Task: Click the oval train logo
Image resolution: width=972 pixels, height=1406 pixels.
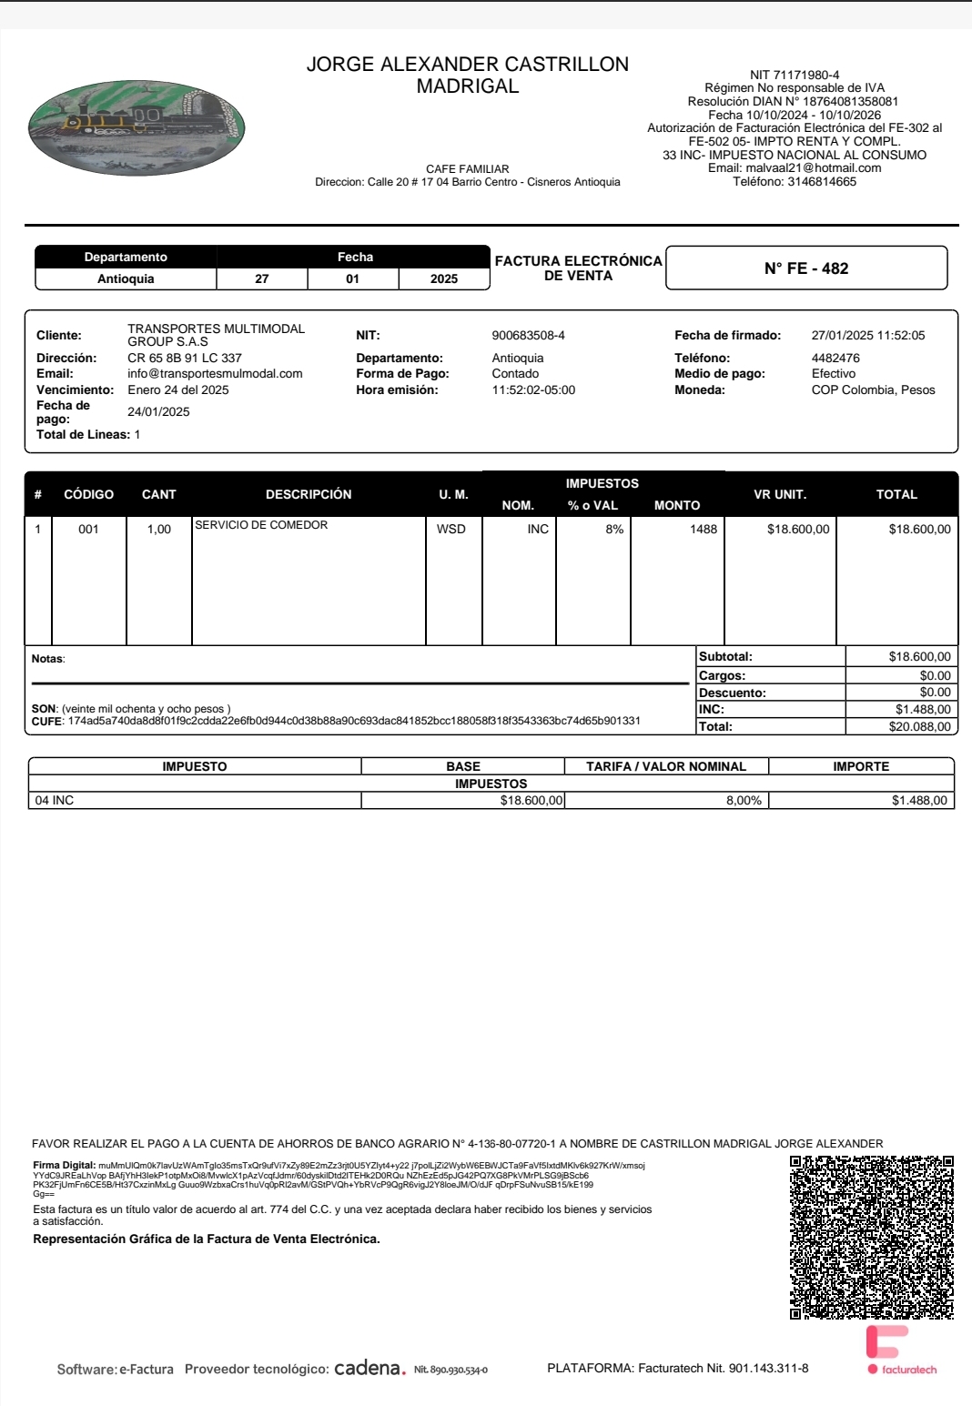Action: click(x=137, y=127)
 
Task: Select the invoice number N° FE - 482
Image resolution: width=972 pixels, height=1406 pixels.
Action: click(x=806, y=268)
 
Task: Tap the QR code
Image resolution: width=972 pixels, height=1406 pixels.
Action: click(x=871, y=1238)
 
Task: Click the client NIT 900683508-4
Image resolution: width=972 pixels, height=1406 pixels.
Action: click(x=528, y=336)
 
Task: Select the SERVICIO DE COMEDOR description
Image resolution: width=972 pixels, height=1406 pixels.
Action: click(x=261, y=525)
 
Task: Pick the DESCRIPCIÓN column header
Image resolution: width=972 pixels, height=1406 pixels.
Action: click(x=309, y=494)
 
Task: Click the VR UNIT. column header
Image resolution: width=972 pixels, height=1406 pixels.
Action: click(x=780, y=494)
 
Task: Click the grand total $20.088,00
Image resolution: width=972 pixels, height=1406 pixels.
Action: click(x=919, y=726)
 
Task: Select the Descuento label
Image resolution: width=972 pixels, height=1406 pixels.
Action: click(x=732, y=693)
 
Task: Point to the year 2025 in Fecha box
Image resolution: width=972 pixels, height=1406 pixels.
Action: click(x=444, y=278)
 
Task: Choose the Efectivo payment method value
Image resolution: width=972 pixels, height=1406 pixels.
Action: click(x=834, y=373)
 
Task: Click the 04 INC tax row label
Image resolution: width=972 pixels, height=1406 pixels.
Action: click(x=55, y=800)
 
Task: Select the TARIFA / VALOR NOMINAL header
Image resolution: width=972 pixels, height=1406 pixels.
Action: click(x=666, y=766)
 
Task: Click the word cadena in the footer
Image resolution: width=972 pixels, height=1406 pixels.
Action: click(x=367, y=1368)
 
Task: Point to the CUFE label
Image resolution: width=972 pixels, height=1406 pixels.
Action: click(x=46, y=721)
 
